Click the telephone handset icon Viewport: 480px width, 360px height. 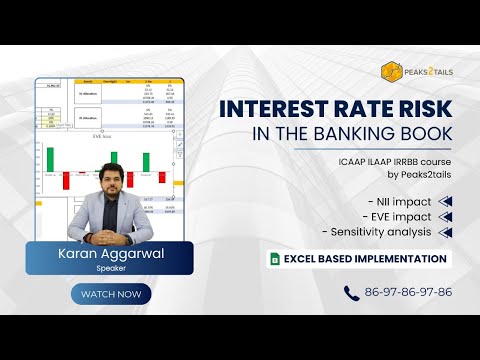pyautogui.click(x=351, y=293)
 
